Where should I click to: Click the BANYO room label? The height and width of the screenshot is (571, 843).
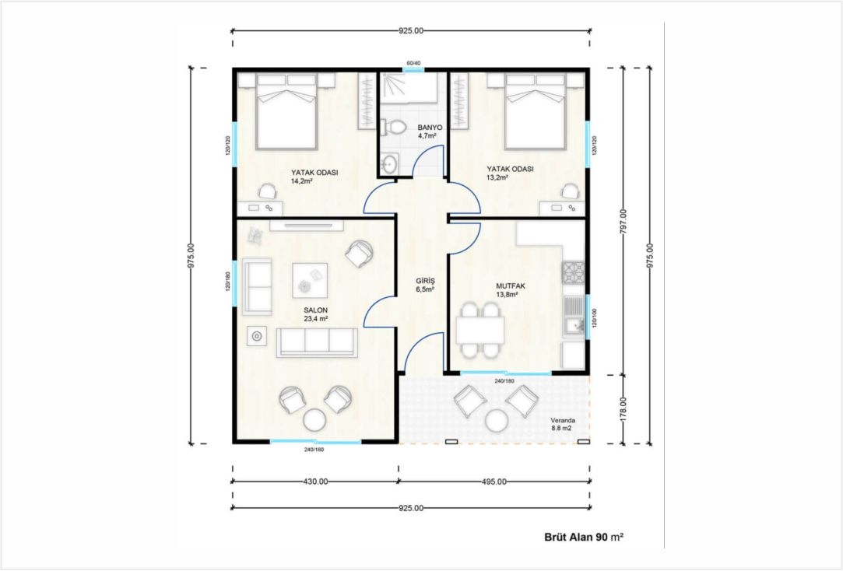click(430, 128)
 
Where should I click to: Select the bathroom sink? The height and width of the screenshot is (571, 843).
click(389, 163)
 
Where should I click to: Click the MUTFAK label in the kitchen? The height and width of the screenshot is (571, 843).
click(510, 286)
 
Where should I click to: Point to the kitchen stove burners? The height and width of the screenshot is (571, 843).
click(573, 271)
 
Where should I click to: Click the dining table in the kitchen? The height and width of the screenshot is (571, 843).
click(480, 330)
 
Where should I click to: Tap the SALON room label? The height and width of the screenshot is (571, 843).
click(315, 310)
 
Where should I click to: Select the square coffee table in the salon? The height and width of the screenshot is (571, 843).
click(310, 280)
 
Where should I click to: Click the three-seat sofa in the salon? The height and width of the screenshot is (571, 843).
click(317, 342)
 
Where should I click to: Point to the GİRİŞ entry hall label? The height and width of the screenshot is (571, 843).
click(425, 281)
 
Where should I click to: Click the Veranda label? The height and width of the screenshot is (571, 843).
click(563, 421)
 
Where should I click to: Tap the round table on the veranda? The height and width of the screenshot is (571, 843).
click(497, 421)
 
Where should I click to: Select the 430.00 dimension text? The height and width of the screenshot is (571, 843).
click(315, 482)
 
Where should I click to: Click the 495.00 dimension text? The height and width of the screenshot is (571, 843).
click(494, 482)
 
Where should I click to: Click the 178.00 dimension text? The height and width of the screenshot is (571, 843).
click(623, 409)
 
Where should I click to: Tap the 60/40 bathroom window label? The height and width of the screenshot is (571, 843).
click(413, 63)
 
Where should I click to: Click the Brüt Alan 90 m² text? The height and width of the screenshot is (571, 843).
click(584, 537)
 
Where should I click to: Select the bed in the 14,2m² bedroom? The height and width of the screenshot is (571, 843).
click(286, 111)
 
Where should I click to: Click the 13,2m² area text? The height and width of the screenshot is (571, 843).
click(498, 177)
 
